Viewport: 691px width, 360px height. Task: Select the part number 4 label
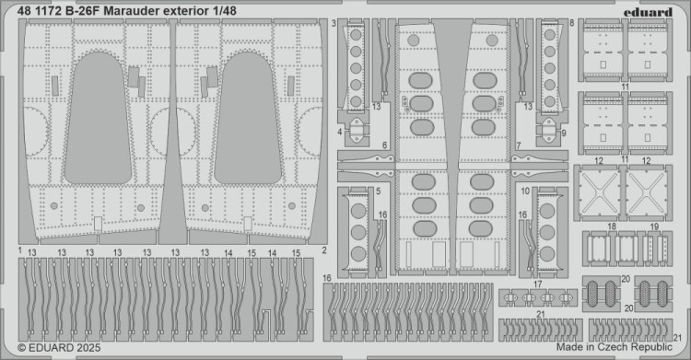coord(339,132)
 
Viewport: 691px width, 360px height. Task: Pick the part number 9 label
coord(563,133)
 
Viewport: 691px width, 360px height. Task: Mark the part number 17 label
coord(535,285)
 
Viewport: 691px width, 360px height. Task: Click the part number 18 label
coord(612,226)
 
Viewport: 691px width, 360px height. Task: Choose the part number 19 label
coord(653,226)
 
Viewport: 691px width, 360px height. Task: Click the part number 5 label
coord(378,191)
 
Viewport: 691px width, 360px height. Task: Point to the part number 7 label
coord(519,145)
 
